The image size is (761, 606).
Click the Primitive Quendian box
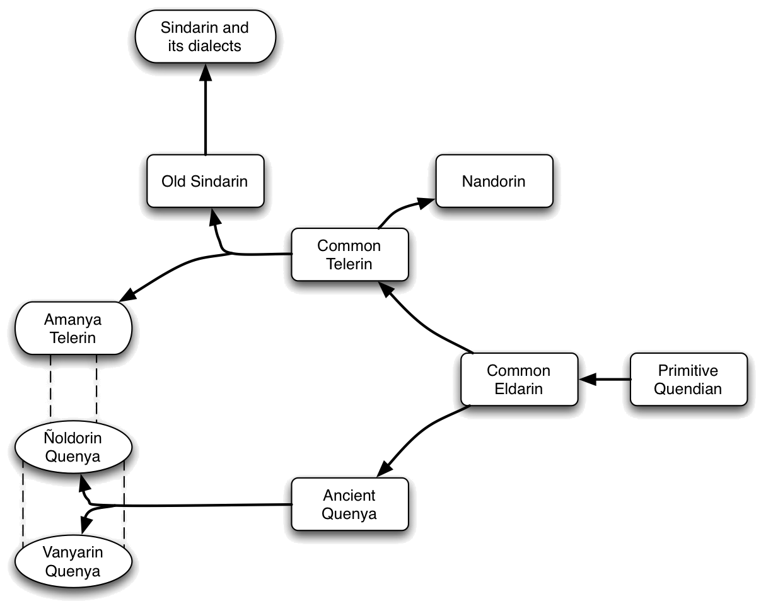tap(688, 379)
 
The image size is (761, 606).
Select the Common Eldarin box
tap(519, 379)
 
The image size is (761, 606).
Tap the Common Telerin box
tap(350, 254)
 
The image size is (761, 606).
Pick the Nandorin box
tap(494, 181)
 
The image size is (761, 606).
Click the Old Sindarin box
tap(205, 181)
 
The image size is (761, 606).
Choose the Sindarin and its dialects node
tap(205, 37)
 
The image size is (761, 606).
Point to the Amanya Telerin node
tap(73, 329)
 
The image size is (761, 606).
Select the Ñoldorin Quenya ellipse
tap(73, 447)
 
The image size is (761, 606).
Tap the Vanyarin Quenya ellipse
tap(73, 561)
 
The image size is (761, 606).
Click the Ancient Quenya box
tap(350, 504)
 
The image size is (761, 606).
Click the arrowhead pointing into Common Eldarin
tap(588, 380)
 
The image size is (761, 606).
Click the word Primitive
tap(688, 370)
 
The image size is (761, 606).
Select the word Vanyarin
tap(73, 552)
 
